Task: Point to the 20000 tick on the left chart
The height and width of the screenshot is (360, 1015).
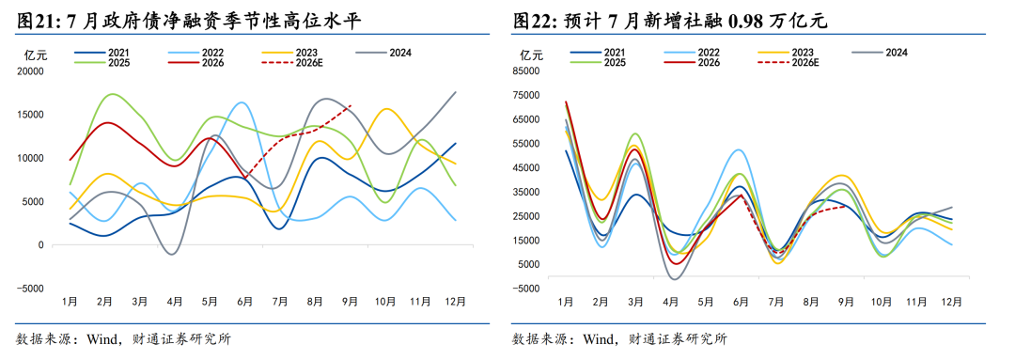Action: pyautogui.click(x=31, y=70)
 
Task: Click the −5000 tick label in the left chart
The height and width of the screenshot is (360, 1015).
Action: pyautogui.click(x=30, y=289)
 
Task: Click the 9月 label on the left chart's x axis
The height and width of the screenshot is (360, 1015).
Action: pyautogui.click(x=351, y=301)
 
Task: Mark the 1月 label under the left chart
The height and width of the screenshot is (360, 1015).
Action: pyautogui.click(x=70, y=301)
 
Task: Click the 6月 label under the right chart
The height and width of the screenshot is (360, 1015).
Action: pyautogui.click(x=741, y=301)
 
